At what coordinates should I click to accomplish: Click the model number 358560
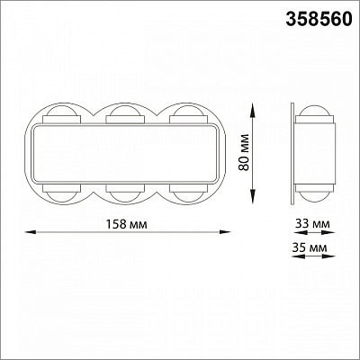pyautogui.click(x=319, y=20)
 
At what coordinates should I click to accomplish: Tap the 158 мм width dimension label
pyautogui.click(x=127, y=224)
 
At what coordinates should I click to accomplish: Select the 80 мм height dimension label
pyautogui.click(x=245, y=152)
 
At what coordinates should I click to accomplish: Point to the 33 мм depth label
pyautogui.click(x=312, y=224)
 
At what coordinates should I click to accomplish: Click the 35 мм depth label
pyautogui.click(x=310, y=247)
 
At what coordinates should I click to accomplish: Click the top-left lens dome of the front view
pyautogui.click(x=61, y=110)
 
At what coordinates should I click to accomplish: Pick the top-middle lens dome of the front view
pyautogui.click(x=125, y=110)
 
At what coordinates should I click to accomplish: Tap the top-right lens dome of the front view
pyautogui.click(x=188, y=110)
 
